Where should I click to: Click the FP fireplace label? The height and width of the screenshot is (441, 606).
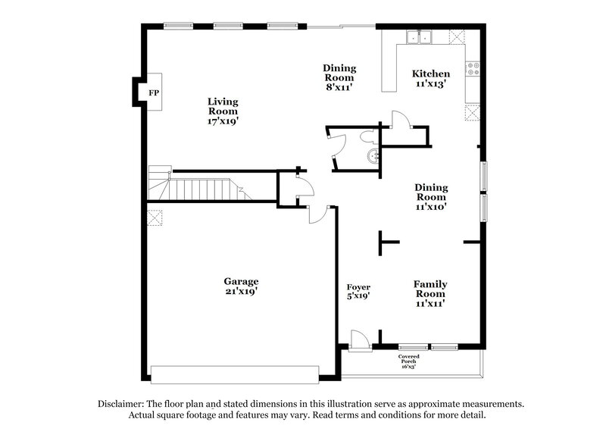[154, 92]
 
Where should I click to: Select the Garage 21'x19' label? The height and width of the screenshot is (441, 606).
[241, 286]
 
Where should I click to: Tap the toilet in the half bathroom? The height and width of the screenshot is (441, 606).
[368, 136]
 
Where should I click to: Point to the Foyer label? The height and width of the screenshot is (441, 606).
[358, 292]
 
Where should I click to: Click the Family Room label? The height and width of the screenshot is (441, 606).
[430, 293]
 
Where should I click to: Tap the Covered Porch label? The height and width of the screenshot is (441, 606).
[409, 359]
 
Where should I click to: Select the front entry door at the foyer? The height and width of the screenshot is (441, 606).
[361, 341]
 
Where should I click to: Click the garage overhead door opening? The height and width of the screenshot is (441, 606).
[235, 374]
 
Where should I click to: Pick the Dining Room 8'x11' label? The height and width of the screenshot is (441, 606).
[339, 77]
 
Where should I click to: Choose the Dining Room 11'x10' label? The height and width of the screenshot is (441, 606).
[430, 196]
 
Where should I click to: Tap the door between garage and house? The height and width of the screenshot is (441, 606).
[317, 214]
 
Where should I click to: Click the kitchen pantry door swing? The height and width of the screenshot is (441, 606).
[400, 120]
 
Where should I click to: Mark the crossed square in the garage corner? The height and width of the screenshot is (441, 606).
[155, 218]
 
